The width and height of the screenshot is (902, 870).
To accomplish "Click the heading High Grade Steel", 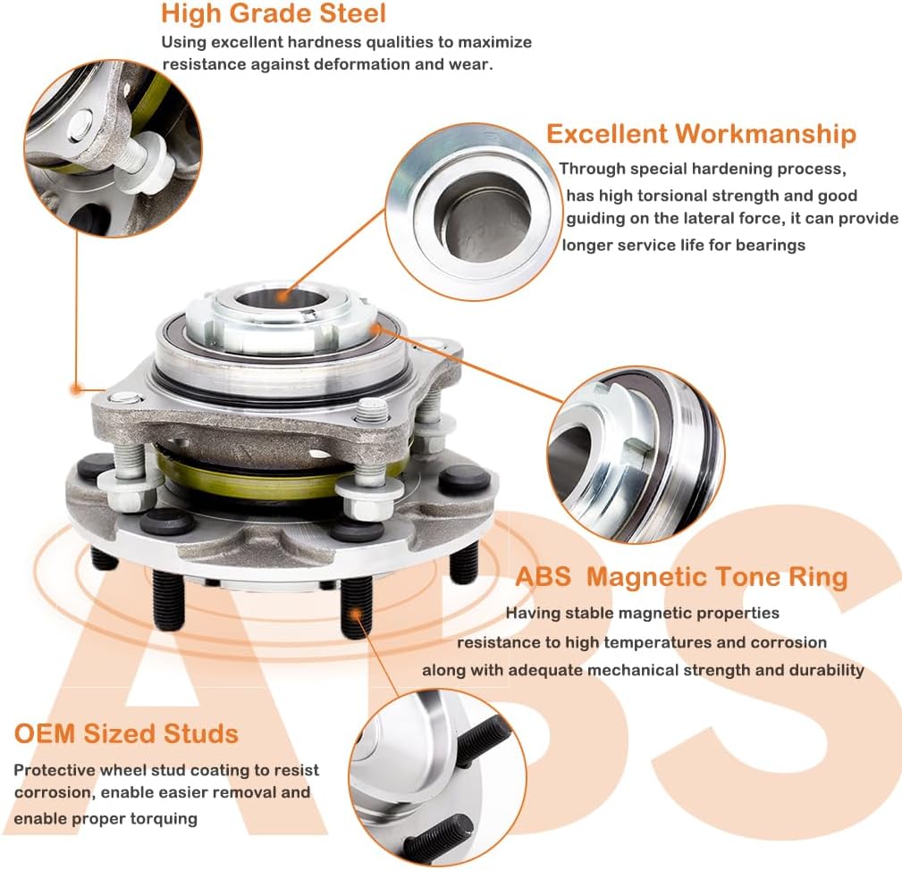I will pyautogui.click(x=274, y=13).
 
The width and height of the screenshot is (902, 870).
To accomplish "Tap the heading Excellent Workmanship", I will pyautogui.click(x=701, y=134).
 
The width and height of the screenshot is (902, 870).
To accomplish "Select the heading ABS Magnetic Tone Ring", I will pyautogui.click(x=681, y=577).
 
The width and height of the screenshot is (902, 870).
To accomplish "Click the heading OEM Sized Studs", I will pyautogui.click(x=126, y=734).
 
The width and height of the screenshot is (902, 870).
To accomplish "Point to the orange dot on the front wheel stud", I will pyautogui.click(x=358, y=613).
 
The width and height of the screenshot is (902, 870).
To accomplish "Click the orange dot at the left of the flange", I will pyautogui.click(x=76, y=389).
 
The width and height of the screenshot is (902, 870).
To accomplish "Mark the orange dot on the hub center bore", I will pyautogui.click(x=280, y=295).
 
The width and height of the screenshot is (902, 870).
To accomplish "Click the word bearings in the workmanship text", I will pyautogui.click(x=771, y=245).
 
